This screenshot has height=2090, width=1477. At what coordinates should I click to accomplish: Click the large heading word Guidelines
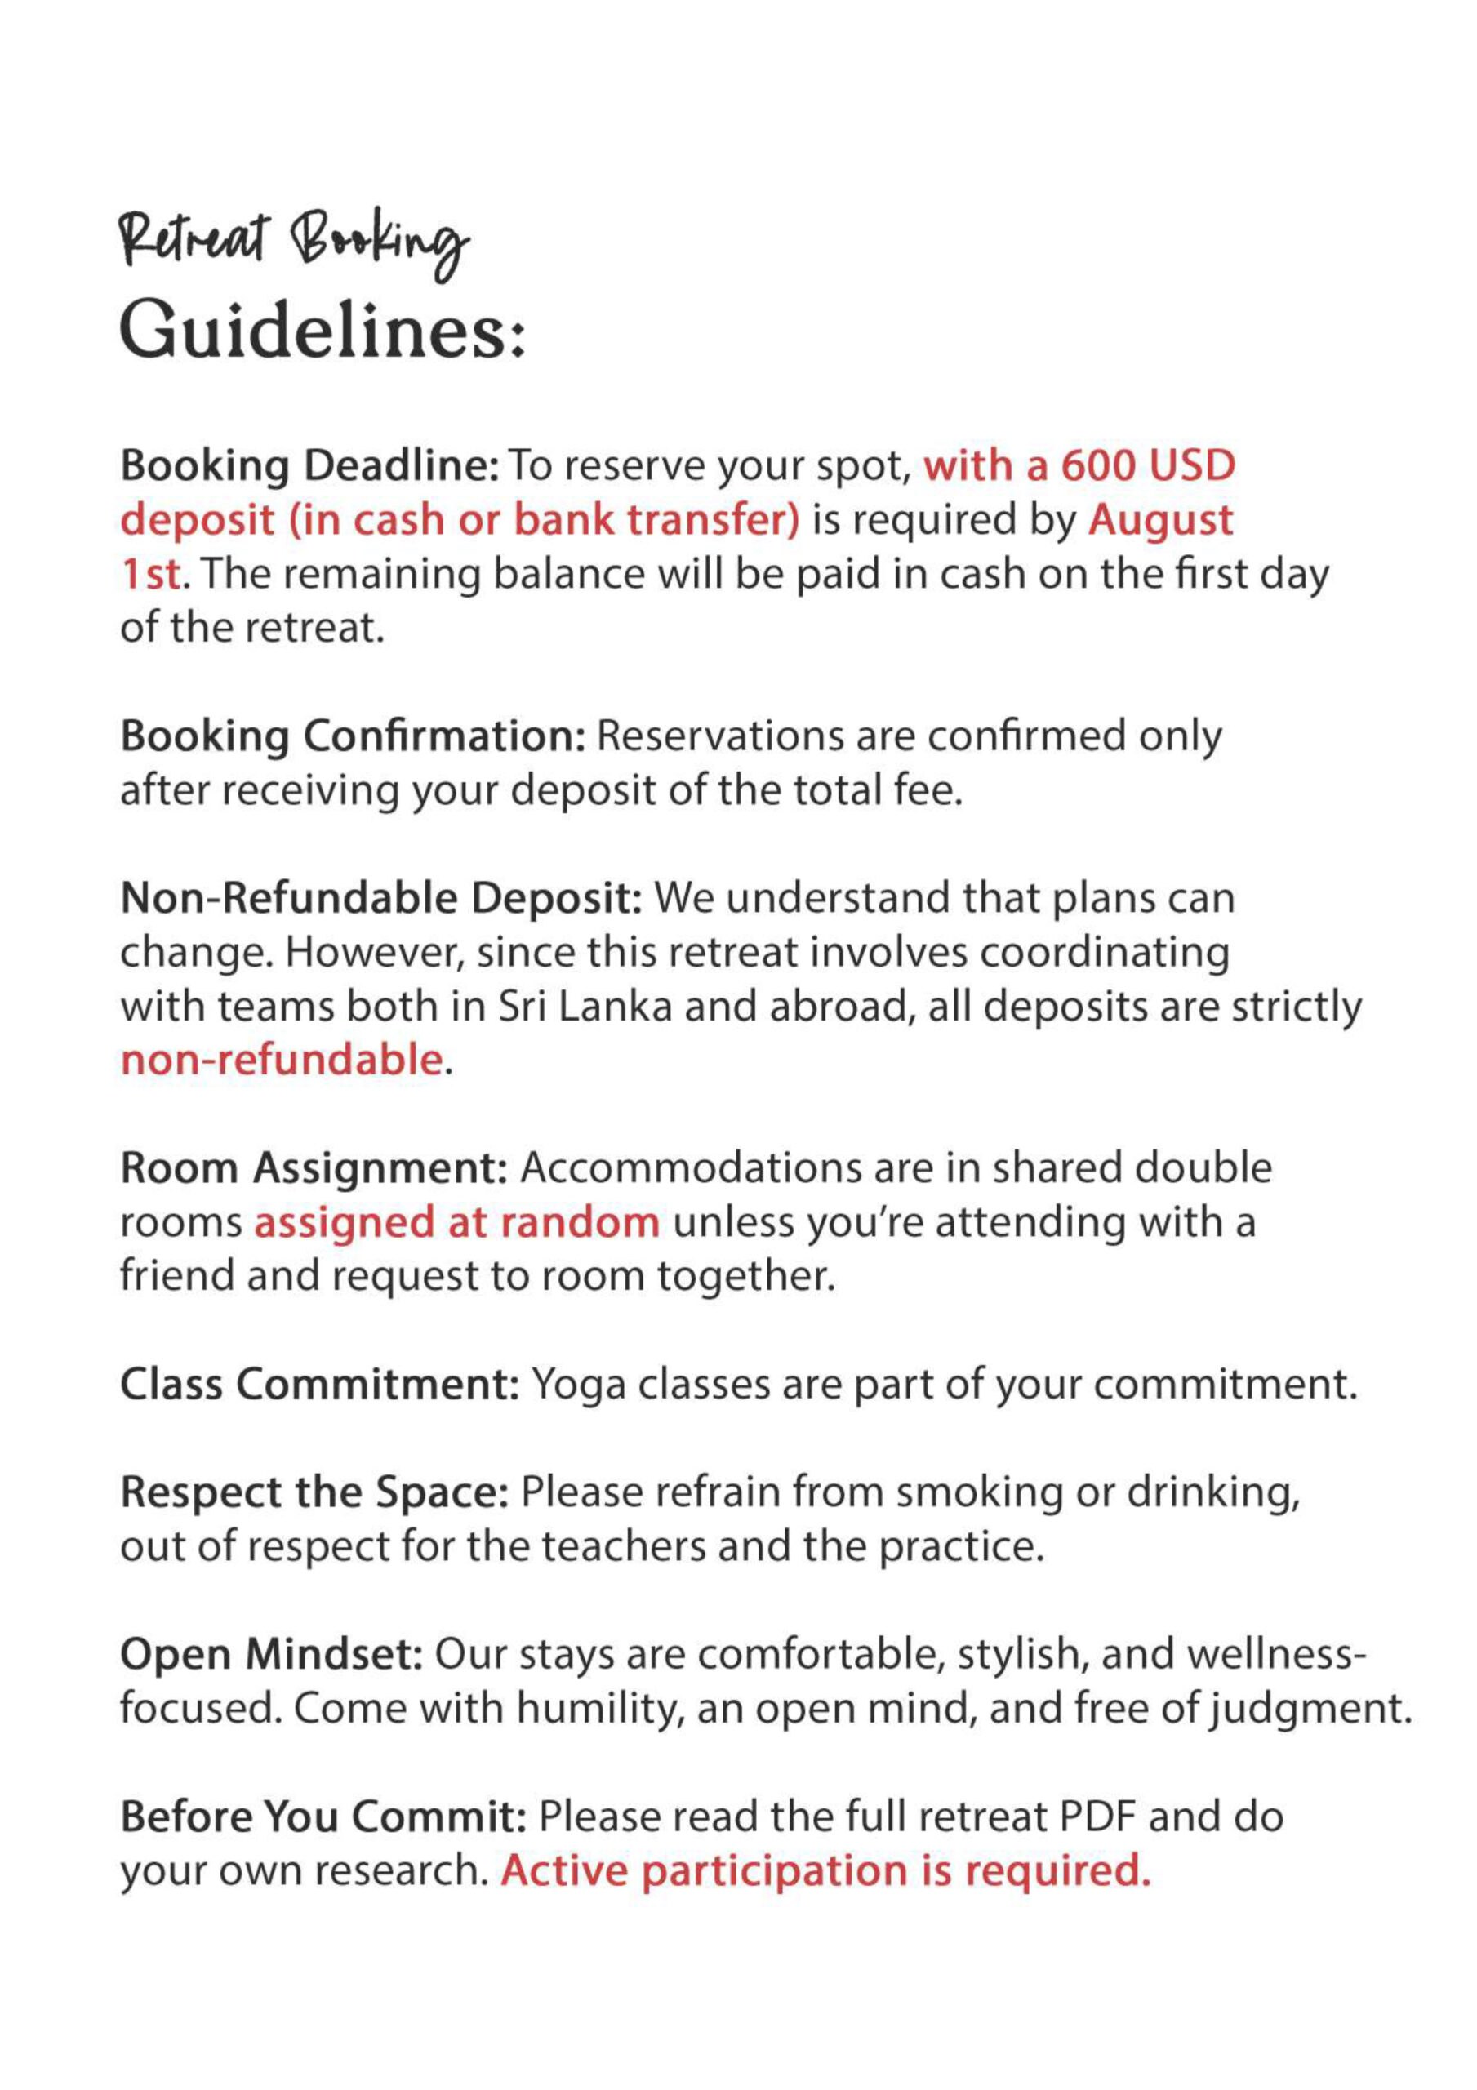click(x=323, y=330)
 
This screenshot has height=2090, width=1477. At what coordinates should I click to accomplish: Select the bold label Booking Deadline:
click(x=309, y=466)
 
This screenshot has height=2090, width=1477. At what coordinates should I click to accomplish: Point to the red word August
click(x=1160, y=521)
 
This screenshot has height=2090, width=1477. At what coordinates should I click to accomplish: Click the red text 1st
click(x=151, y=576)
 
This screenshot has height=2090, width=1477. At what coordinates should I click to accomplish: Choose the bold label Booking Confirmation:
click(x=353, y=736)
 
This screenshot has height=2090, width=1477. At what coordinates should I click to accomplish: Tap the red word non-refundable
click(x=282, y=1061)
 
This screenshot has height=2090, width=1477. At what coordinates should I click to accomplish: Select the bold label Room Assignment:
click(x=314, y=1169)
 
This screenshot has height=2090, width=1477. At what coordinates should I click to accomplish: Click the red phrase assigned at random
click(x=456, y=1222)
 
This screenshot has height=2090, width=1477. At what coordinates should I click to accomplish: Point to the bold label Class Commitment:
click(x=319, y=1385)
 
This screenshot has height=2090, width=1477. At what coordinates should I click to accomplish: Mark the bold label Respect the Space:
click(x=314, y=1493)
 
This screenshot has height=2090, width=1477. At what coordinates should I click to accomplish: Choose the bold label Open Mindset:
click(x=271, y=1655)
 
